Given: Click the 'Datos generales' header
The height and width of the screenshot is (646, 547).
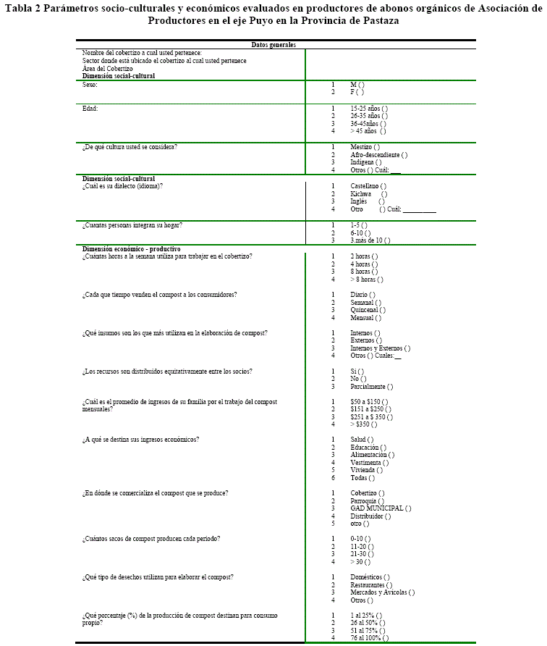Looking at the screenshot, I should (273, 45).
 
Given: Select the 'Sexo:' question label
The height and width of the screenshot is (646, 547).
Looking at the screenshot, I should (90, 85).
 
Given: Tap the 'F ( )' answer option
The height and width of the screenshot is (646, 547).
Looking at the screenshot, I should (357, 92).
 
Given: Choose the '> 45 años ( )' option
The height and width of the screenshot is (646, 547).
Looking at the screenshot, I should (368, 131).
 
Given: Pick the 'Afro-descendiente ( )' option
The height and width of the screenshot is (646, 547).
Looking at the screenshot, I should (378, 155).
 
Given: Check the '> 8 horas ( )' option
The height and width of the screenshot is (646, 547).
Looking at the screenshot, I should (367, 279).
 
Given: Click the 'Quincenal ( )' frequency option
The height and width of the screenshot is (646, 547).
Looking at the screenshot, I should (366, 310).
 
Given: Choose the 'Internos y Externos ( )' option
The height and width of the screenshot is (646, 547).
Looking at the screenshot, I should (380, 348).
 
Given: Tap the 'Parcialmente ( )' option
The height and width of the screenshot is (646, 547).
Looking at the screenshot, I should (372, 387).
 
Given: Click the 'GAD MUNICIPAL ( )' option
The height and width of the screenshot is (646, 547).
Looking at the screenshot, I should (381, 508).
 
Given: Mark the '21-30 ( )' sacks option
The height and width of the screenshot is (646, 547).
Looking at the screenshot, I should (362, 555).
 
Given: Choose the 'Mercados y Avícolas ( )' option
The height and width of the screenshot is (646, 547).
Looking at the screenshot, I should (382, 592).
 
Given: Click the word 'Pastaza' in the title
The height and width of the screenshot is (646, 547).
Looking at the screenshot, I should (372, 20).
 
